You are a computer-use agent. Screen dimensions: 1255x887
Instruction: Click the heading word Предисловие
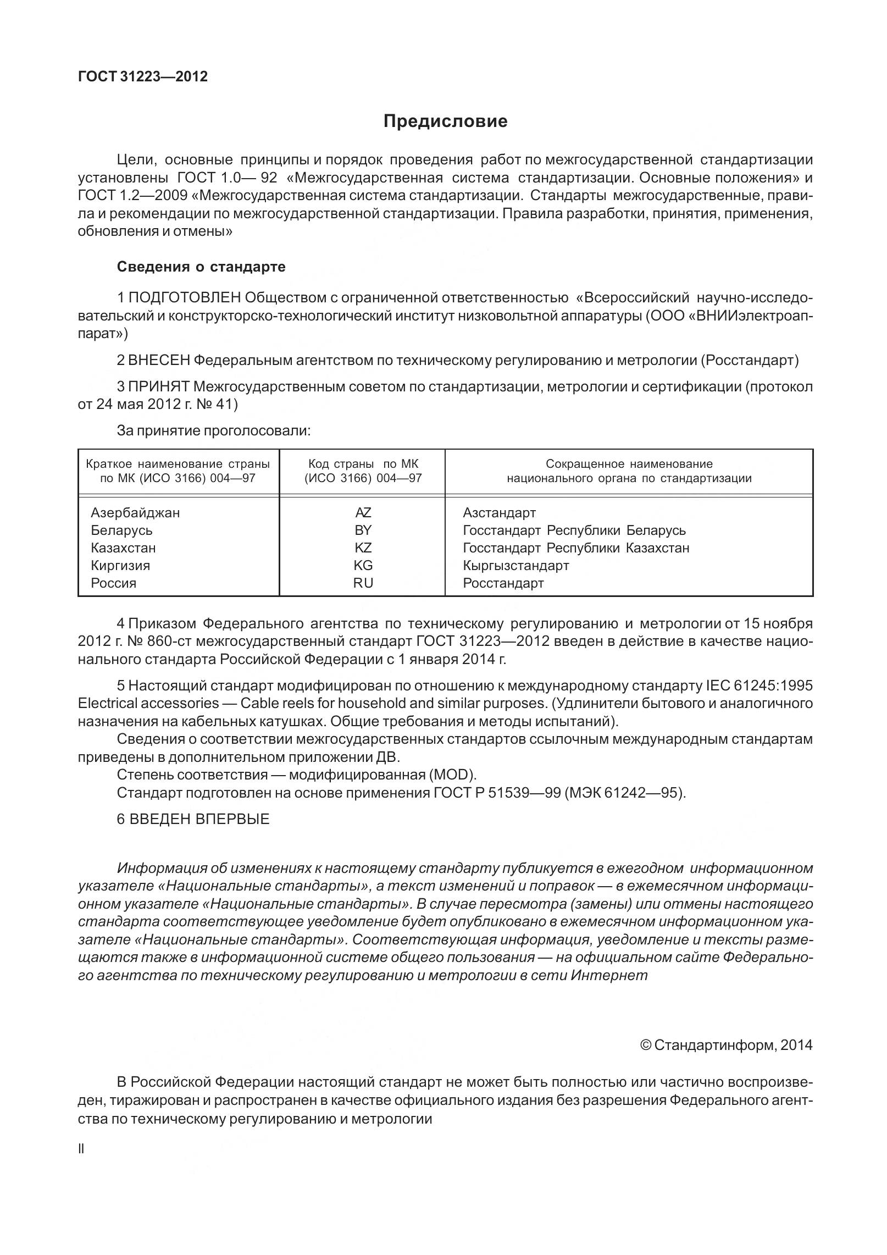click(445, 121)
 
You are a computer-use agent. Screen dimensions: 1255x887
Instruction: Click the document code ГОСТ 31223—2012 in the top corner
click(143, 76)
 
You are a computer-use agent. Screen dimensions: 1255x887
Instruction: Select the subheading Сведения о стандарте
click(201, 267)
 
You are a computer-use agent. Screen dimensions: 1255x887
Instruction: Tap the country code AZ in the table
click(363, 513)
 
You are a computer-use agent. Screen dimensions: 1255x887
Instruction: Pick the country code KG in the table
click(363, 566)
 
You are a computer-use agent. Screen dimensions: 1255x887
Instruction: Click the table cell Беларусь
click(121, 530)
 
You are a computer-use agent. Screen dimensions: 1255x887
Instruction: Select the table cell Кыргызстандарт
click(515, 566)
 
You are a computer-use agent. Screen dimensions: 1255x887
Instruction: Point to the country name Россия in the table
click(113, 583)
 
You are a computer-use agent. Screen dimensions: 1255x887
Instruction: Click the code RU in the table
click(363, 583)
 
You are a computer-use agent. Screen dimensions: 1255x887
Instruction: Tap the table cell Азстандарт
click(499, 513)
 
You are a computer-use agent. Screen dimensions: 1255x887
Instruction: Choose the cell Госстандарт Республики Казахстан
click(575, 548)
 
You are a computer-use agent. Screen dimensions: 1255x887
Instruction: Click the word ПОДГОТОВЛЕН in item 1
click(184, 298)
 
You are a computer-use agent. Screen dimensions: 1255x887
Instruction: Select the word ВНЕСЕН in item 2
click(159, 361)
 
